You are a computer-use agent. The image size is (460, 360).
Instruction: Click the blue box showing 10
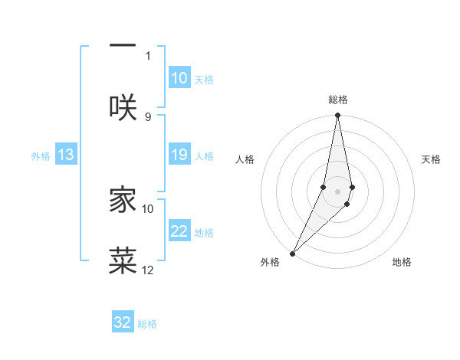[x=179, y=78]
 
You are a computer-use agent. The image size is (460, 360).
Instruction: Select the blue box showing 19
[x=179, y=155]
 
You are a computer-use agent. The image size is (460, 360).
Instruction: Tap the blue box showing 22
[x=179, y=231]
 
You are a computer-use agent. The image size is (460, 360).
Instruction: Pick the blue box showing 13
[x=66, y=155]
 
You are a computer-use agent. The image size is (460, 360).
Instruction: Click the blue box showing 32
[x=123, y=322]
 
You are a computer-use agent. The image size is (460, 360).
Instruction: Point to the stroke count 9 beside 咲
[x=148, y=116]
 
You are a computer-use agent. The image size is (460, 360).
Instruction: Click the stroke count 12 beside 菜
[x=148, y=270]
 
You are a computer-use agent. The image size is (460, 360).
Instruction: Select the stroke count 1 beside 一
[x=148, y=55]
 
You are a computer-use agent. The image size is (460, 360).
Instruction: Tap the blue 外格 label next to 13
[x=41, y=155]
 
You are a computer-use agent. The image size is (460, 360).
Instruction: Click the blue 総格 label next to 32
[x=147, y=324]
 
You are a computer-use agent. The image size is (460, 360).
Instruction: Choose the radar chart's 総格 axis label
[x=338, y=100]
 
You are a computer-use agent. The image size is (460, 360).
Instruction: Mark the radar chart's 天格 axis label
[x=432, y=159]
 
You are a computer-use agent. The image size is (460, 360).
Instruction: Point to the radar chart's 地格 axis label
[x=402, y=262]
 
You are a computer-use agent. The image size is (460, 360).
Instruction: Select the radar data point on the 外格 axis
[x=292, y=253]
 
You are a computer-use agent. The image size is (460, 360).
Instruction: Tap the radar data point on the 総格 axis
[x=337, y=116]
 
